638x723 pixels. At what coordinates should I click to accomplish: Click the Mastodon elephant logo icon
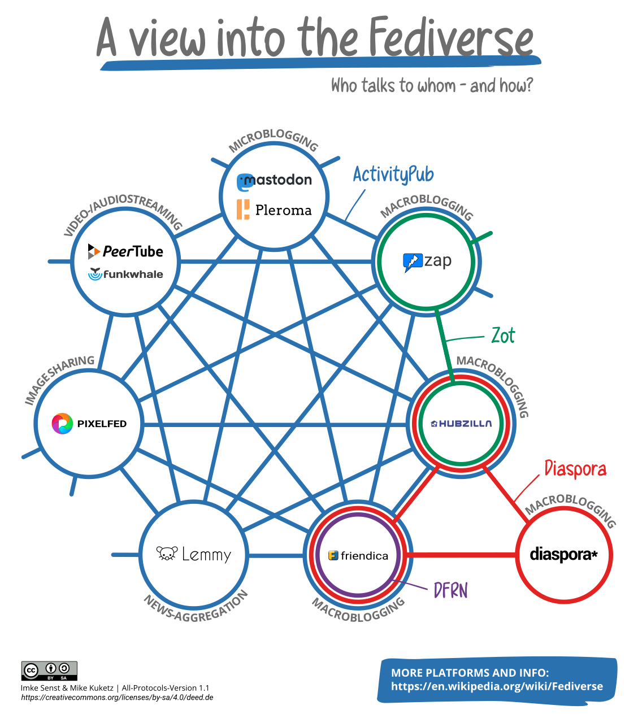(244, 182)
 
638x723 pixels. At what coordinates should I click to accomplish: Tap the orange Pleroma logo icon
(243, 210)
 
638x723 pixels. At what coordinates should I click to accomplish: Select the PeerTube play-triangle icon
(94, 251)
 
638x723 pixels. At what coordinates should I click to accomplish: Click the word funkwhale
(133, 275)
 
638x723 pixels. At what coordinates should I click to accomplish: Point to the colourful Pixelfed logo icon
(62, 424)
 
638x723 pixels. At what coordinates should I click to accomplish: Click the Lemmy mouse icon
(167, 554)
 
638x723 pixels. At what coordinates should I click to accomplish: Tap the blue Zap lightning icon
(413, 262)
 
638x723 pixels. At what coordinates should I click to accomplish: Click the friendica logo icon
(333, 555)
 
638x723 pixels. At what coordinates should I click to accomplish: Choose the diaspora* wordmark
(563, 555)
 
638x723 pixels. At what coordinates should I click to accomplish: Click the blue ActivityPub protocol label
(393, 175)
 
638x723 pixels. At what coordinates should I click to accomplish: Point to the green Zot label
(503, 336)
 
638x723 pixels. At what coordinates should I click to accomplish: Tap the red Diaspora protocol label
(575, 469)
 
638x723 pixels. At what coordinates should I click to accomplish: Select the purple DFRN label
(450, 590)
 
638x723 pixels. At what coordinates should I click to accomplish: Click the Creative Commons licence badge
(49, 670)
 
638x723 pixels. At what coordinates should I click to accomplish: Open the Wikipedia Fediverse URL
(497, 686)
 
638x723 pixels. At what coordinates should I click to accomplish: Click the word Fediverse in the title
(450, 38)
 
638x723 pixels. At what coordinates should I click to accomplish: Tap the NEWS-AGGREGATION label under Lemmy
(196, 608)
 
